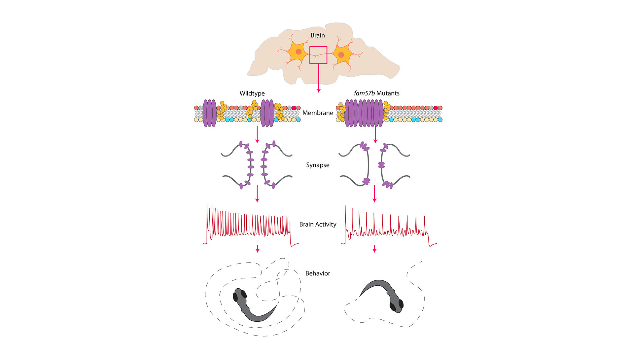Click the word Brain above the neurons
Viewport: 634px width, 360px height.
318,35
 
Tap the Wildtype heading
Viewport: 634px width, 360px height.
252,93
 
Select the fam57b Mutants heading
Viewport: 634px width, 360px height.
376,93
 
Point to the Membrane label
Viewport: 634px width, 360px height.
318,113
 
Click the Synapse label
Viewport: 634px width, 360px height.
318,165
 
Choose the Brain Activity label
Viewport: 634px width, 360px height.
318,225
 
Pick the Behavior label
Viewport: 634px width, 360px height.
318,273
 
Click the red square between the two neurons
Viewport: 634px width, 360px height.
318,55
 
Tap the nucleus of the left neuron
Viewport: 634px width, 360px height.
299,52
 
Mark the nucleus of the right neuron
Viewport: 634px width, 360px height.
341,54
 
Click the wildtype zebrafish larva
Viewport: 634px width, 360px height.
251,306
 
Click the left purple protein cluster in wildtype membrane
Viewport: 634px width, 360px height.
209,113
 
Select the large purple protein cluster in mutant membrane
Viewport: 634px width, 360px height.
364,113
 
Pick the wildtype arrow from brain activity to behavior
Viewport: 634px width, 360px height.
258,249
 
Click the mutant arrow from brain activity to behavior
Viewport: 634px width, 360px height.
374,249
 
